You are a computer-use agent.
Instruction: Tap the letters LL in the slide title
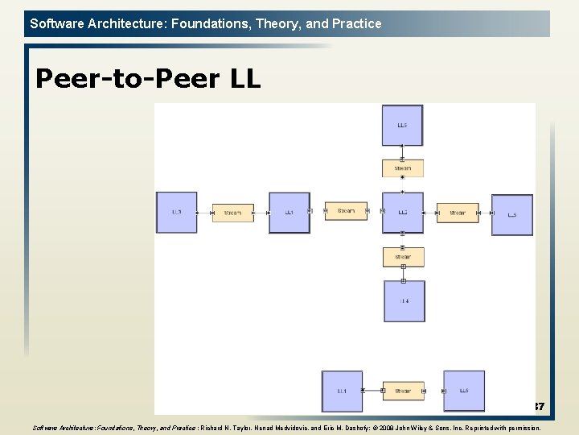(x=244, y=79)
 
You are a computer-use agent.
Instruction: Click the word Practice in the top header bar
(x=356, y=23)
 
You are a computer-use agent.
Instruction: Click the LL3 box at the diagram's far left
(x=176, y=213)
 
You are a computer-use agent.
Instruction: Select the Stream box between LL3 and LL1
(x=232, y=213)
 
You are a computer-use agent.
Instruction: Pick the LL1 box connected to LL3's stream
(x=289, y=213)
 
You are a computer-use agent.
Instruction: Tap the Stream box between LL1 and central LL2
(x=346, y=211)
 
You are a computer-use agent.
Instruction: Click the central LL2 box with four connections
(x=402, y=213)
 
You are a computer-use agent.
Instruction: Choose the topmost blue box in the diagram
(x=402, y=126)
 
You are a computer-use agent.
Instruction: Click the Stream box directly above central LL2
(x=402, y=168)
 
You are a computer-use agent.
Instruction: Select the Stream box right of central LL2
(x=458, y=213)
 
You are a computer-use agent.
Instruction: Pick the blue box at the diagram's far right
(x=512, y=215)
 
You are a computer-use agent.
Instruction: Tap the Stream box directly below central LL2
(x=403, y=257)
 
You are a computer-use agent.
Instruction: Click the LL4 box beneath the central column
(x=404, y=301)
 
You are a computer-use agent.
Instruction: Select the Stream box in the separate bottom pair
(x=403, y=391)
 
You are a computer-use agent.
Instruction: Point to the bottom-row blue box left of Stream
(x=342, y=391)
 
